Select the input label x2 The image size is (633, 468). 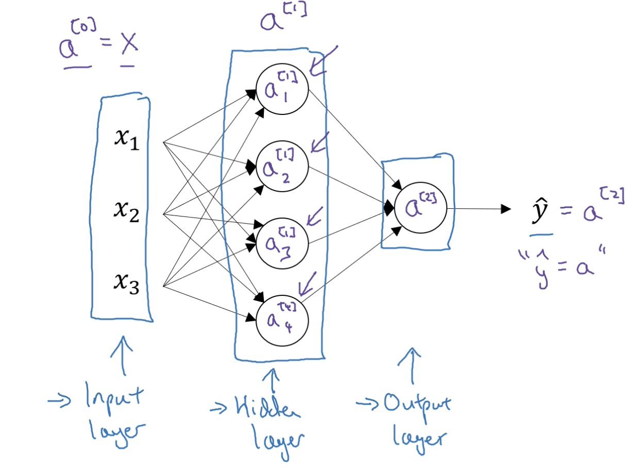click(x=127, y=211)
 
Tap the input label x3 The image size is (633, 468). click(x=127, y=284)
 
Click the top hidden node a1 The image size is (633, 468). click(x=282, y=89)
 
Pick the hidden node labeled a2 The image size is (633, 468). click(x=282, y=166)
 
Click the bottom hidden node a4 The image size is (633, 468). click(x=282, y=320)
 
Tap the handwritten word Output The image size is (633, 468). click(x=415, y=405)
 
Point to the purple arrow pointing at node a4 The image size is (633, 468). click(x=309, y=282)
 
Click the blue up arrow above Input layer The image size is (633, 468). click(x=123, y=356)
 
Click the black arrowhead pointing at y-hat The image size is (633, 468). click(x=506, y=209)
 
